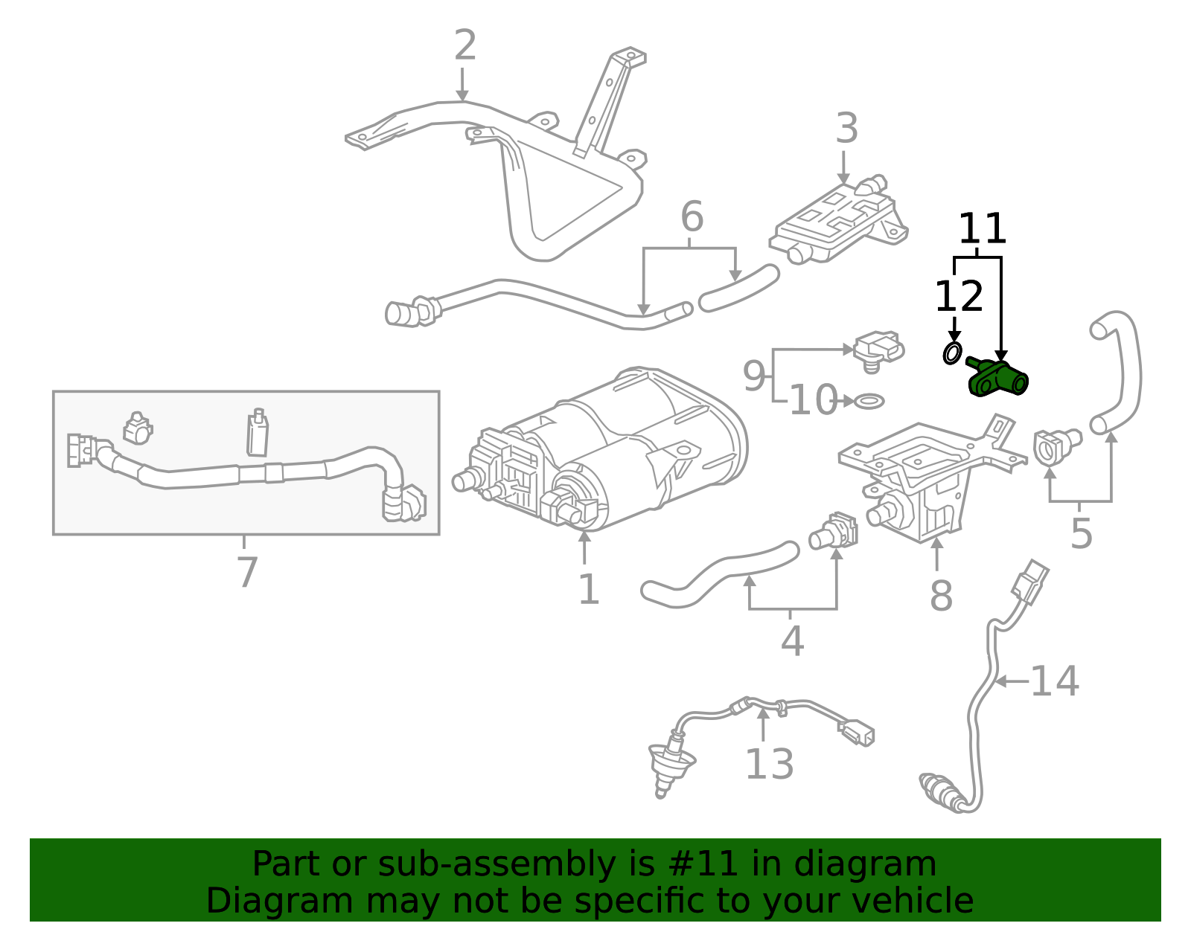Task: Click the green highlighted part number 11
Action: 997,378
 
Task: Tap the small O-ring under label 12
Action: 952,353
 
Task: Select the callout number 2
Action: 464,46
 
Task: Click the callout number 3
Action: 846,129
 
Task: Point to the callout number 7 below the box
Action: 246,573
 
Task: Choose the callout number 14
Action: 1054,681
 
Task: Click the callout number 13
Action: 769,764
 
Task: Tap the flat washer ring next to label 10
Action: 869,402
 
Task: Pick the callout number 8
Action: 941,597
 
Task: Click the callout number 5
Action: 1081,534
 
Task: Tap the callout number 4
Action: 791,641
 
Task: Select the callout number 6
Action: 692,217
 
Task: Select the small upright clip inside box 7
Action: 258,433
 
